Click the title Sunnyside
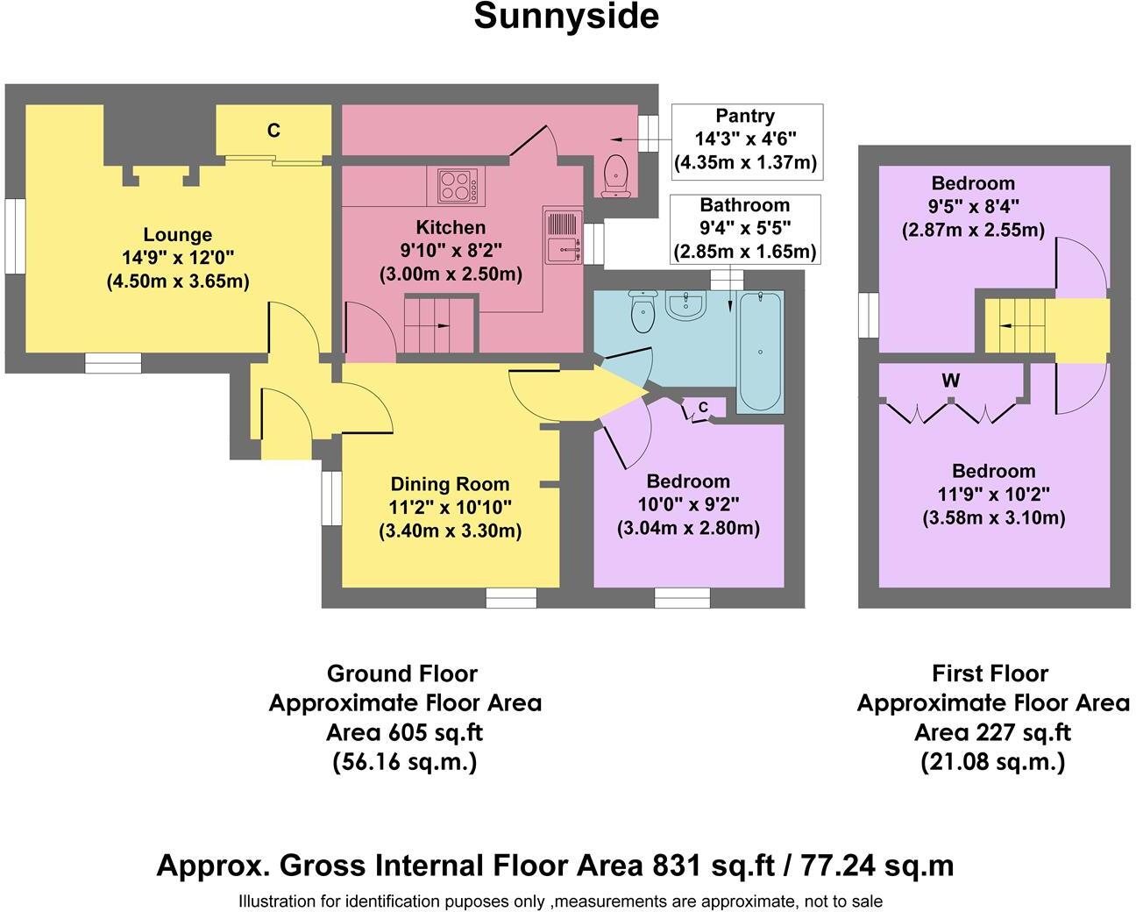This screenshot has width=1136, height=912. point(566,17)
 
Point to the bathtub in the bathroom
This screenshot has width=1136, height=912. point(761,352)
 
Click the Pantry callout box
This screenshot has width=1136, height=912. point(745,139)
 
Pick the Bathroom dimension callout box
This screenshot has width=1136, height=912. point(744,228)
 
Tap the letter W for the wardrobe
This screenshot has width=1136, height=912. point(951,381)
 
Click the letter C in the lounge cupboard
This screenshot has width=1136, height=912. point(273,131)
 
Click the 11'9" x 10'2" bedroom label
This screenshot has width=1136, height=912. point(993,495)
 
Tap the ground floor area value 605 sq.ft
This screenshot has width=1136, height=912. point(404,732)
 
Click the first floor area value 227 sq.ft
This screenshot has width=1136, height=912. point(992,732)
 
